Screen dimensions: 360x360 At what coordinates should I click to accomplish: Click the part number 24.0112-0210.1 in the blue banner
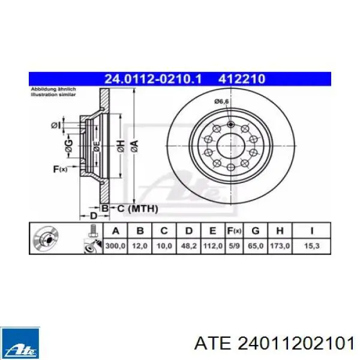coord(153,79)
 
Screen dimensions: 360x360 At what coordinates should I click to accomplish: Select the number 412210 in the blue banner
coord(242,79)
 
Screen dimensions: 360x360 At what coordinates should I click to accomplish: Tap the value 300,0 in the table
coord(115,246)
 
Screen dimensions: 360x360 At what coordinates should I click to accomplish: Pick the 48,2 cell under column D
coord(189,246)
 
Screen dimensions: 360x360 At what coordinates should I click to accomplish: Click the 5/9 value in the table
coord(234,246)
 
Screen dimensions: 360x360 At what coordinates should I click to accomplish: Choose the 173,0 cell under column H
coord(280,246)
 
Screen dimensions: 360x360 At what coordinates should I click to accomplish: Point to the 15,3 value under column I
coord(311,246)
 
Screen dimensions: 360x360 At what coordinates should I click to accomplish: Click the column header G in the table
coord(256,231)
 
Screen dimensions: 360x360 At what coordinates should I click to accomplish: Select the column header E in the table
coord(212,231)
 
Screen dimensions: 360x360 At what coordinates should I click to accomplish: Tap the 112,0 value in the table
coord(213,246)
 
